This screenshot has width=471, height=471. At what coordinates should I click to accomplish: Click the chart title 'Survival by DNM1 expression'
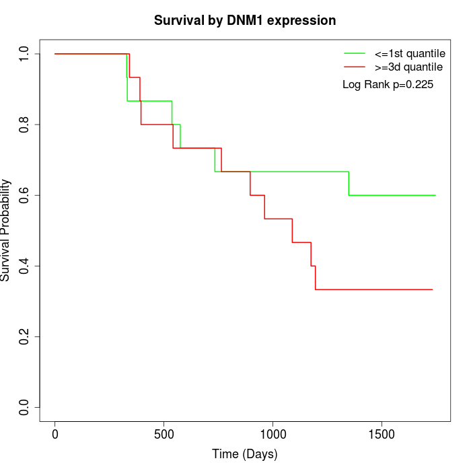click(x=245, y=20)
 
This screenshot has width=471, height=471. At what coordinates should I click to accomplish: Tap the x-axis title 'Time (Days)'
click(x=245, y=454)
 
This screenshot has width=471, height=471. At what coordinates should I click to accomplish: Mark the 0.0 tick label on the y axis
click(x=25, y=407)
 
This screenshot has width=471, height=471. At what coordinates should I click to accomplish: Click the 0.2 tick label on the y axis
click(x=25, y=336)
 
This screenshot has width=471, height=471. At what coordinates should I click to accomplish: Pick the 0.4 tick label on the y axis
click(x=25, y=266)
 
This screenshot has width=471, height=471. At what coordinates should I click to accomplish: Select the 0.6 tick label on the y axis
click(x=25, y=195)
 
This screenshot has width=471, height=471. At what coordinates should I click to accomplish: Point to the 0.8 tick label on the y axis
click(x=25, y=124)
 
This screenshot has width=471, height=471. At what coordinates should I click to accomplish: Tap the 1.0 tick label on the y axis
click(x=25, y=54)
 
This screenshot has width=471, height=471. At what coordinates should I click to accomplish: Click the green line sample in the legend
click(x=355, y=52)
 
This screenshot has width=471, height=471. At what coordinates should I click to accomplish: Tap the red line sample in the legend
click(x=355, y=67)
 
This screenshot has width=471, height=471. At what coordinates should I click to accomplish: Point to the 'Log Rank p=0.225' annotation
click(x=388, y=85)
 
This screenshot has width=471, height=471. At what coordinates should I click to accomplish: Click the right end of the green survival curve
click(x=435, y=195)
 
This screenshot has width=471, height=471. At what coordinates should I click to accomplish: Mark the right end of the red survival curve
click(x=432, y=289)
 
